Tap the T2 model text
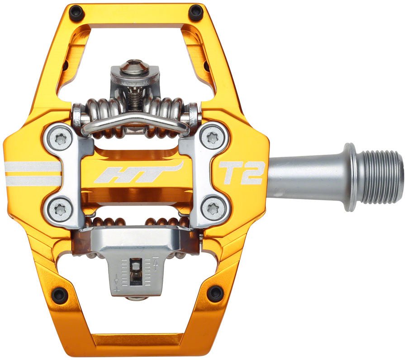pos(241,173)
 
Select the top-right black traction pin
pos(196,12)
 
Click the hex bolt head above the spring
pos(134,67)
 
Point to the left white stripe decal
pos(32,174)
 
